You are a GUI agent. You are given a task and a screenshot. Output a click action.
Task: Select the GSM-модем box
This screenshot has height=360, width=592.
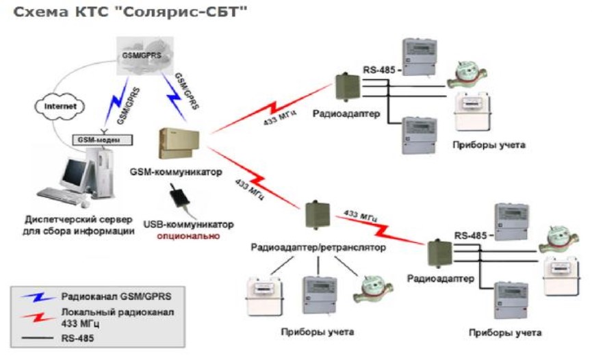click(x=102, y=140)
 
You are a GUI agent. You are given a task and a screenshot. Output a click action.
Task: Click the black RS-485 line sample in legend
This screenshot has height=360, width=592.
click(x=34, y=337)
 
